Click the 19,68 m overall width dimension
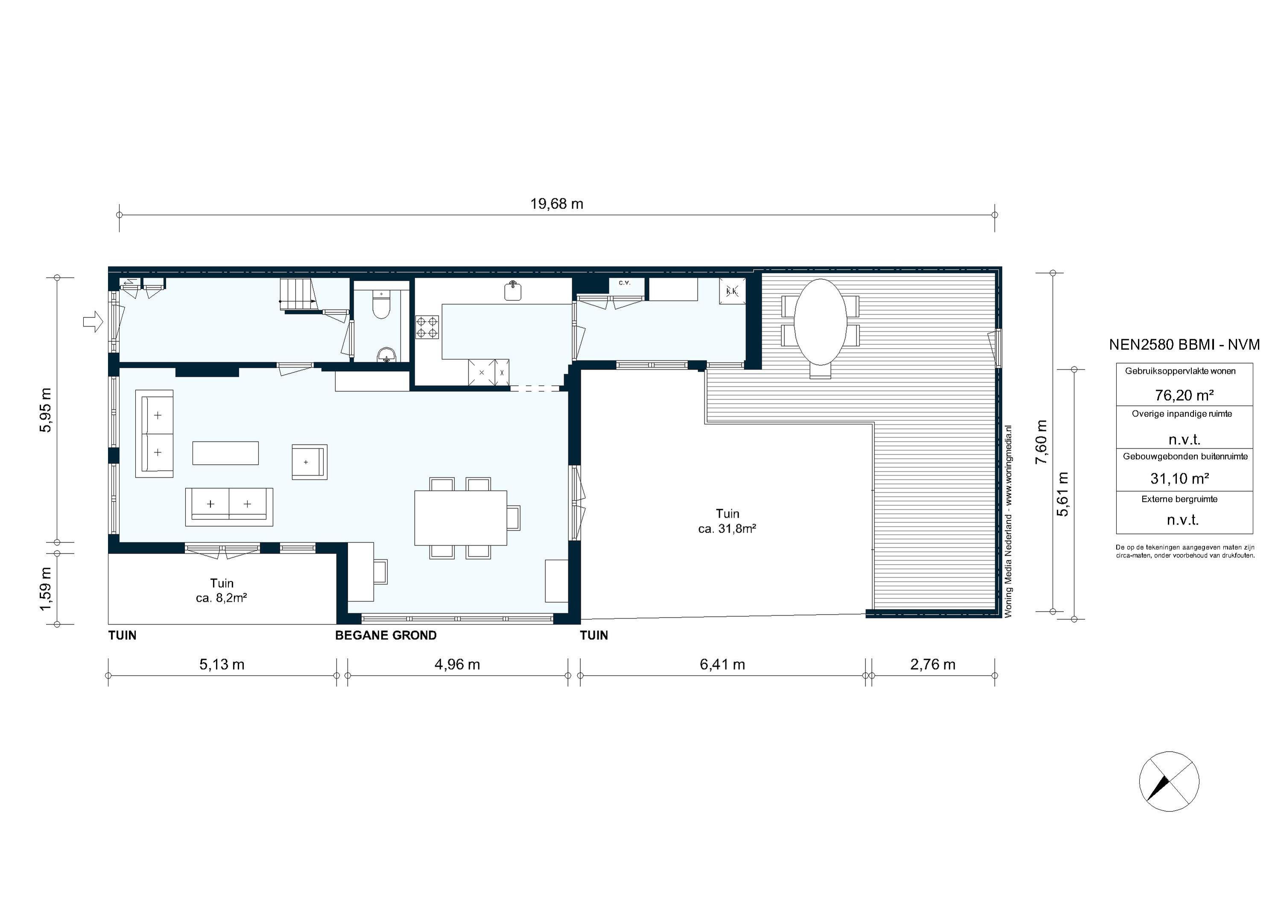(x=556, y=204)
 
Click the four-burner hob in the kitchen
(x=427, y=327)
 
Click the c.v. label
(x=624, y=283)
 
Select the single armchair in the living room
(x=309, y=462)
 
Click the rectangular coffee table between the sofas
(x=225, y=453)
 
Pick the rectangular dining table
(x=460, y=517)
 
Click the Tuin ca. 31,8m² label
(x=727, y=521)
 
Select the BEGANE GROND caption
(x=386, y=635)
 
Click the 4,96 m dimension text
(x=457, y=665)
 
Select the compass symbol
(x=1169, y=781)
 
